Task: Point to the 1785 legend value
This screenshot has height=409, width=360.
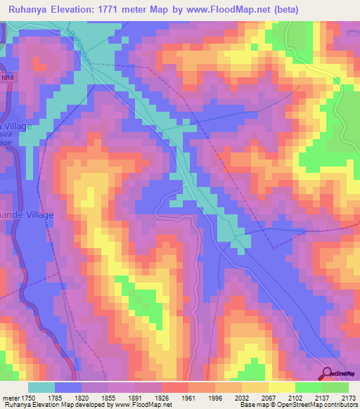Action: (x=55, y=397)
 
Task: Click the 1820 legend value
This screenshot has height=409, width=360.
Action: (x=82, y=397)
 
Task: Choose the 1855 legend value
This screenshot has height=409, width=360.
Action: (x=108, y=397)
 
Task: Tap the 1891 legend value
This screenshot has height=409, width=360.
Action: (x=135, y=397)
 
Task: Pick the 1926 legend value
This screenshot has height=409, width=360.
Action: (x=162, y=397)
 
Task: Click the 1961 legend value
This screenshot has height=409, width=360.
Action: (x=188, y=397)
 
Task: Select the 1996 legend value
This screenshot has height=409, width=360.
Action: (x=215, y=397)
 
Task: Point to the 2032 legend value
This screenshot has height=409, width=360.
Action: (x=242, y=397)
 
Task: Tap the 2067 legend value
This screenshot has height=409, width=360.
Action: (x=269, y=397)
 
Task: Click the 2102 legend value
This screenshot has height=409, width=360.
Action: (x=295, y=397)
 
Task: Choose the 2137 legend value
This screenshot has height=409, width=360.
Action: (x=322, y=397)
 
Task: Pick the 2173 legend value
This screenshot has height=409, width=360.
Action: (x=348, y=397)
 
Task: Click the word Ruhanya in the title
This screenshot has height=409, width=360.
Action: (x=27, y=10)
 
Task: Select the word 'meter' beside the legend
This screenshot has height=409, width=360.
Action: (x=10, y=397)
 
